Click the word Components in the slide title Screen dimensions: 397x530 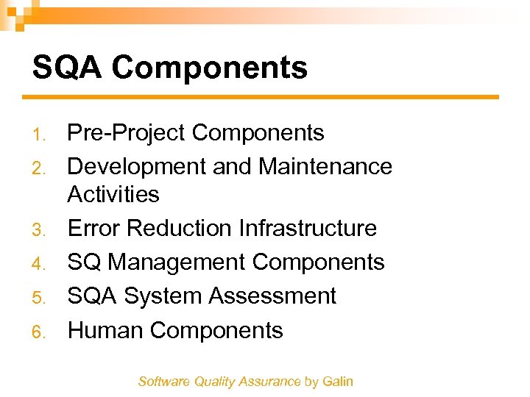tap(210, 68)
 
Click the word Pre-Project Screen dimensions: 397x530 tap(126, 133)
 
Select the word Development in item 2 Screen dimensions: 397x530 tap(137, 167)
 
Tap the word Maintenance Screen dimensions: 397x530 tap(325, 167)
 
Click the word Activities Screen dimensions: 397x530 tap(113, 195)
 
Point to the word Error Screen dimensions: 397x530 tap(93, 229)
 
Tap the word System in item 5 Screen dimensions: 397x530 tap(163, 296)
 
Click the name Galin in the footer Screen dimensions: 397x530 tap(338, 382)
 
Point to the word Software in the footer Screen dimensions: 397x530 tap(163, 382)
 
